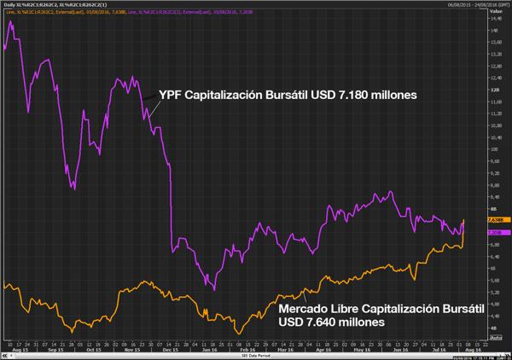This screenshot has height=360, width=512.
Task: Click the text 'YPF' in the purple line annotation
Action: tap(173, 96)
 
